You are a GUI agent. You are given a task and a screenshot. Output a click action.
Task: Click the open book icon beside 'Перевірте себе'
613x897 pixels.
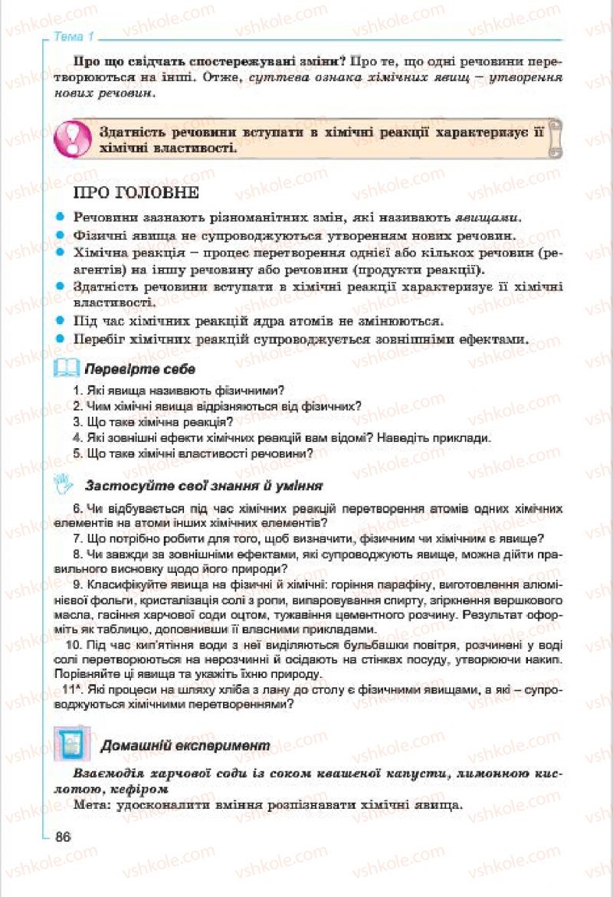[67, 369]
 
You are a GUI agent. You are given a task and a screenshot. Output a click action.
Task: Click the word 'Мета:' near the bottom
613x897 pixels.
[92, 806]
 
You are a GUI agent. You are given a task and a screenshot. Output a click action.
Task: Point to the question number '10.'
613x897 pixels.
[75, 646]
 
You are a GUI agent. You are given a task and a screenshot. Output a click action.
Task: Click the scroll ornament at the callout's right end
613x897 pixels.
[555, 137]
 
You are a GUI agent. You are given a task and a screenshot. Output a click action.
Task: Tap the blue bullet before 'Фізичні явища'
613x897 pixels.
[60, 235]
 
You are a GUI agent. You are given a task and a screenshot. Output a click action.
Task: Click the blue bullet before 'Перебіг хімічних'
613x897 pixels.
[60, 338]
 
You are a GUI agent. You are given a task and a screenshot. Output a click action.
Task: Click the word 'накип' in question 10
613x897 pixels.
[545, 660]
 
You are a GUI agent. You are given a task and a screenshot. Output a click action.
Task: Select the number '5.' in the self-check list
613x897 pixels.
[77, 453]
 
